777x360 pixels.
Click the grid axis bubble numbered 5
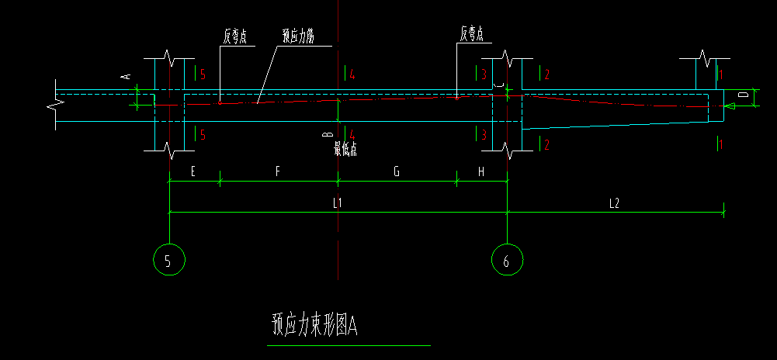(x=169, y=260)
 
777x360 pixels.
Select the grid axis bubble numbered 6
(x=507, y=260)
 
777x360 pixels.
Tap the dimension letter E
(x=193, y=172)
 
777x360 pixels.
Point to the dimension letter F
(x=277, y=172)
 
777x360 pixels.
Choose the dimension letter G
(x=396, y=172)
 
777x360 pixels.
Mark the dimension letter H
(x=481, y=172)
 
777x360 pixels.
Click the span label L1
(x=338, y=202)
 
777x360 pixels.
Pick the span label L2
(x=613, y=202)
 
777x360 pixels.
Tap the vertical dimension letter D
(x=743, y=94)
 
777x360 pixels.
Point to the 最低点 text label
(x=345, y=148)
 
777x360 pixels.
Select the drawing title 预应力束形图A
(x=314, y=324)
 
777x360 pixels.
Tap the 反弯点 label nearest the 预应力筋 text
(x=234, y=35)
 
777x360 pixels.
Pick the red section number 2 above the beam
(x=547, y=74)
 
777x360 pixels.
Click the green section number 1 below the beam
(x=721, y=144)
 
